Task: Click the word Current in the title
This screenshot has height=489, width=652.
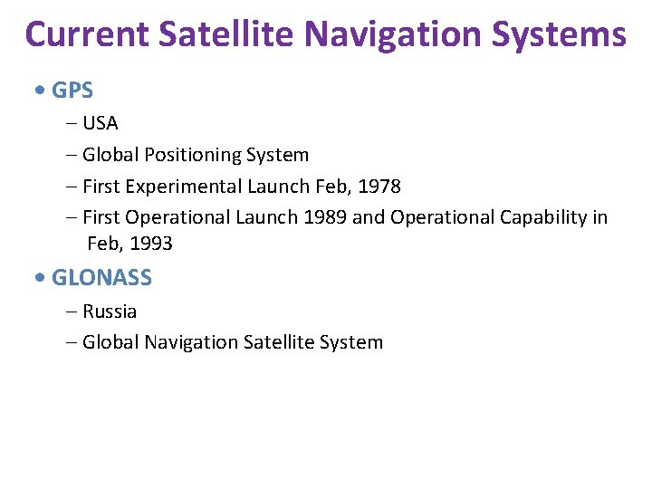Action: pos(87,34)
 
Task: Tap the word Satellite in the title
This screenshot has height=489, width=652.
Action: pos(227,34)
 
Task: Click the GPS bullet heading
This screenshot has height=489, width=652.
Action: pos(72,91)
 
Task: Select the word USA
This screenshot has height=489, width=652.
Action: pos(100,123)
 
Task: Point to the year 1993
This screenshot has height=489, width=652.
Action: pos(150,244)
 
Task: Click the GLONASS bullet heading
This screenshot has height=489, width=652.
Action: pos(101,278)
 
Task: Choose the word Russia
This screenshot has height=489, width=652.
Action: pos(110,312)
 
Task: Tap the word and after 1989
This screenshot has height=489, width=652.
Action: pos(369,217)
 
